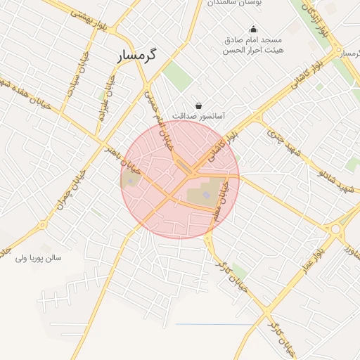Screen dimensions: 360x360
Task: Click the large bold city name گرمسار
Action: [139, 54]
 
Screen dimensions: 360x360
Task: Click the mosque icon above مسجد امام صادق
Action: [253, 29]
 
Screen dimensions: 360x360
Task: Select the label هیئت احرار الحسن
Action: [251, 51]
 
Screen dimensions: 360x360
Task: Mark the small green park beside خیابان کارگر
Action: [240, 271]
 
